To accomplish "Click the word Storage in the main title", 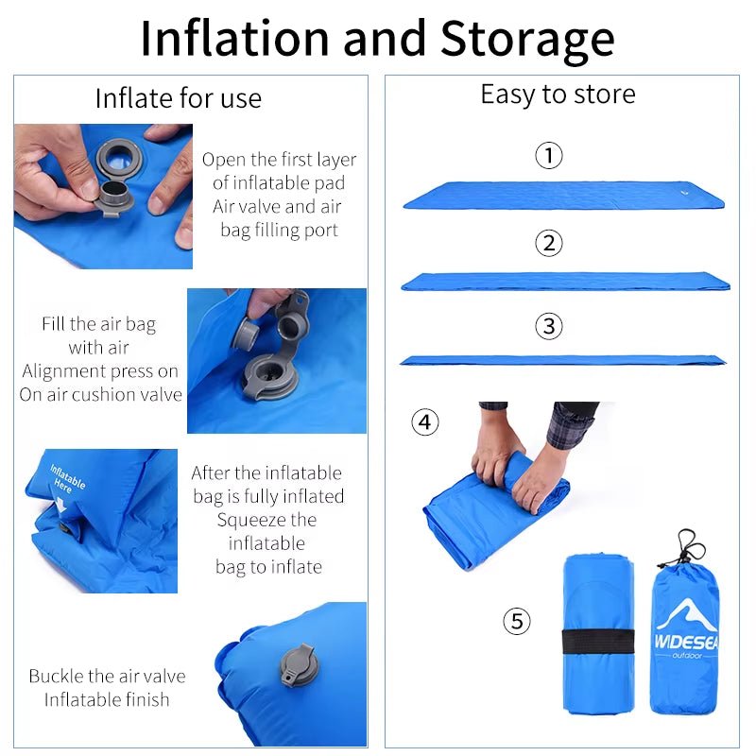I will coord(527,38).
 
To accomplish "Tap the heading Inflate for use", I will coord(178,98).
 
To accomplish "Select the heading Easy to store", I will coord(558,94).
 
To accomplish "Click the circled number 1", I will coord(548,155).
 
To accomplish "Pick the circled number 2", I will coord(548,243).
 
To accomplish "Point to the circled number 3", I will coord(548,327).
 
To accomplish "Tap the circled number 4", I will coord(425,421).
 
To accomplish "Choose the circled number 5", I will coord(516,621).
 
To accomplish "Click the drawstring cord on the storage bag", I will coord(689,548).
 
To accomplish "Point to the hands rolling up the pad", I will coord(515,463).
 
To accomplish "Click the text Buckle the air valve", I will coord(107,676).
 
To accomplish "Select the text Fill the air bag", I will coord(98,324).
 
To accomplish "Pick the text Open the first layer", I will coord(279,160).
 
